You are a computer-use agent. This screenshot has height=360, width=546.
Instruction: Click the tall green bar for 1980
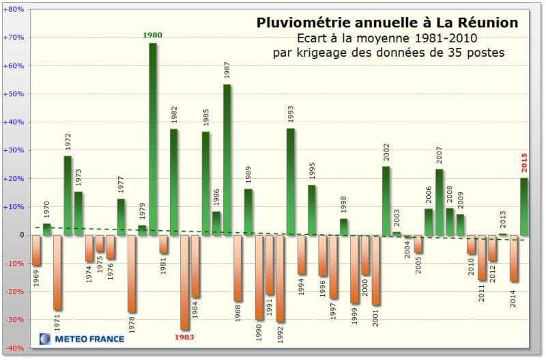coord(153,139)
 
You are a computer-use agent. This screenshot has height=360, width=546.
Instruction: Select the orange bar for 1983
coord(184,282)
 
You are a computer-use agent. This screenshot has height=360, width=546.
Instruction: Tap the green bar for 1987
coord(227,160)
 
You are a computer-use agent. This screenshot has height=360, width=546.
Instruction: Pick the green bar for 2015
coord(524,206)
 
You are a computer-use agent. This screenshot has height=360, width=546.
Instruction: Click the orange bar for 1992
coord(280,278)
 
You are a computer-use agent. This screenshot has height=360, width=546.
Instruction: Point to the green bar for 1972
coord(68,195)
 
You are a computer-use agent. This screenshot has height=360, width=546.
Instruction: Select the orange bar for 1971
coord(57,273)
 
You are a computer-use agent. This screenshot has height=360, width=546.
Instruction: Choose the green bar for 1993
coord(291,181)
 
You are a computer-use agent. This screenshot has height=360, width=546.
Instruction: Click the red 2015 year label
coord(524,162)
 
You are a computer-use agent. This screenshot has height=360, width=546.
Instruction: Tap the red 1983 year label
coord(184,337)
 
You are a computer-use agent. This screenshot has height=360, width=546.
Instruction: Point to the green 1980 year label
coord(153,35)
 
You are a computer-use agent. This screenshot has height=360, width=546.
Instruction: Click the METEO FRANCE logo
coord(82,338)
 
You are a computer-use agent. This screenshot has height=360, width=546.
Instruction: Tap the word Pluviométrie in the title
coord(302,23)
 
